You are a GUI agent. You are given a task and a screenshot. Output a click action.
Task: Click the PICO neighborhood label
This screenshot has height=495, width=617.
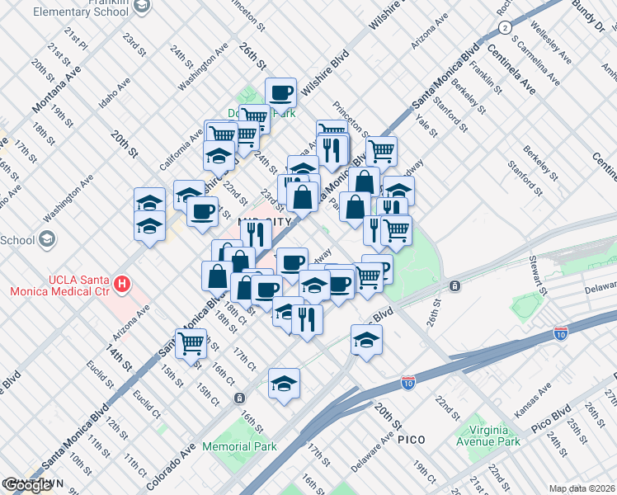tap(411, 440)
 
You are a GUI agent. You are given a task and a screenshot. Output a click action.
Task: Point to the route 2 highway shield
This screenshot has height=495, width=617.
tap(504, 28)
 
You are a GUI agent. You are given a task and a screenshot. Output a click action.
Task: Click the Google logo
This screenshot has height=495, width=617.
tap(26, 485)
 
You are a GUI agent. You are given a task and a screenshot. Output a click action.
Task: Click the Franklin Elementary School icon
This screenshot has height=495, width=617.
tap(142, 7)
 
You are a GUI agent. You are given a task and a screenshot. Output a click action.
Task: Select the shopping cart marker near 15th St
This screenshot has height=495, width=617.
tap(191, 342)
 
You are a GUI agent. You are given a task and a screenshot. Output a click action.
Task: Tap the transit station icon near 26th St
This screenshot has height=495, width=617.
tap(455, 285)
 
